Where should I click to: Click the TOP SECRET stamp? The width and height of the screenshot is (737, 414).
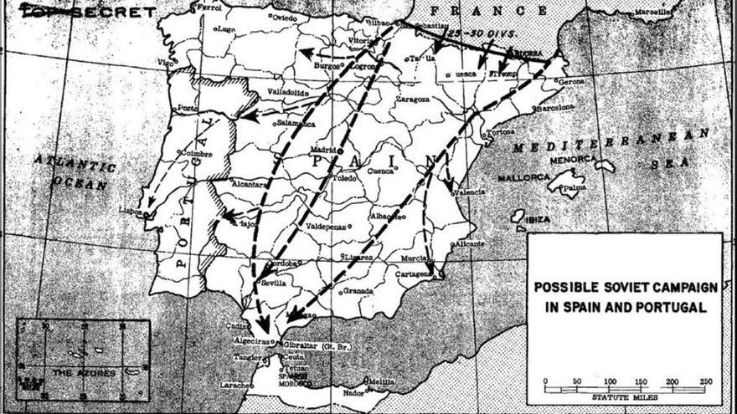[x=88, y=12]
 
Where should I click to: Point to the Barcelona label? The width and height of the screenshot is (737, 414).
[x=554, y=108]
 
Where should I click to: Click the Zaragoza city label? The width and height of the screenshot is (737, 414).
[x=412, y=99]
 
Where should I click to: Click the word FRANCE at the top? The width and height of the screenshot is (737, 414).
[x=480, y=11]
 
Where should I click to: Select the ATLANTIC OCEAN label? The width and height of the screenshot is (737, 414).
[x=74, y=172]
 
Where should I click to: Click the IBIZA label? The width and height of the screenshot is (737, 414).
[x=538, y=219]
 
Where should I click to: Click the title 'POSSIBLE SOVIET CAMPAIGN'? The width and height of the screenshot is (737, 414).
[x=626, y=287]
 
